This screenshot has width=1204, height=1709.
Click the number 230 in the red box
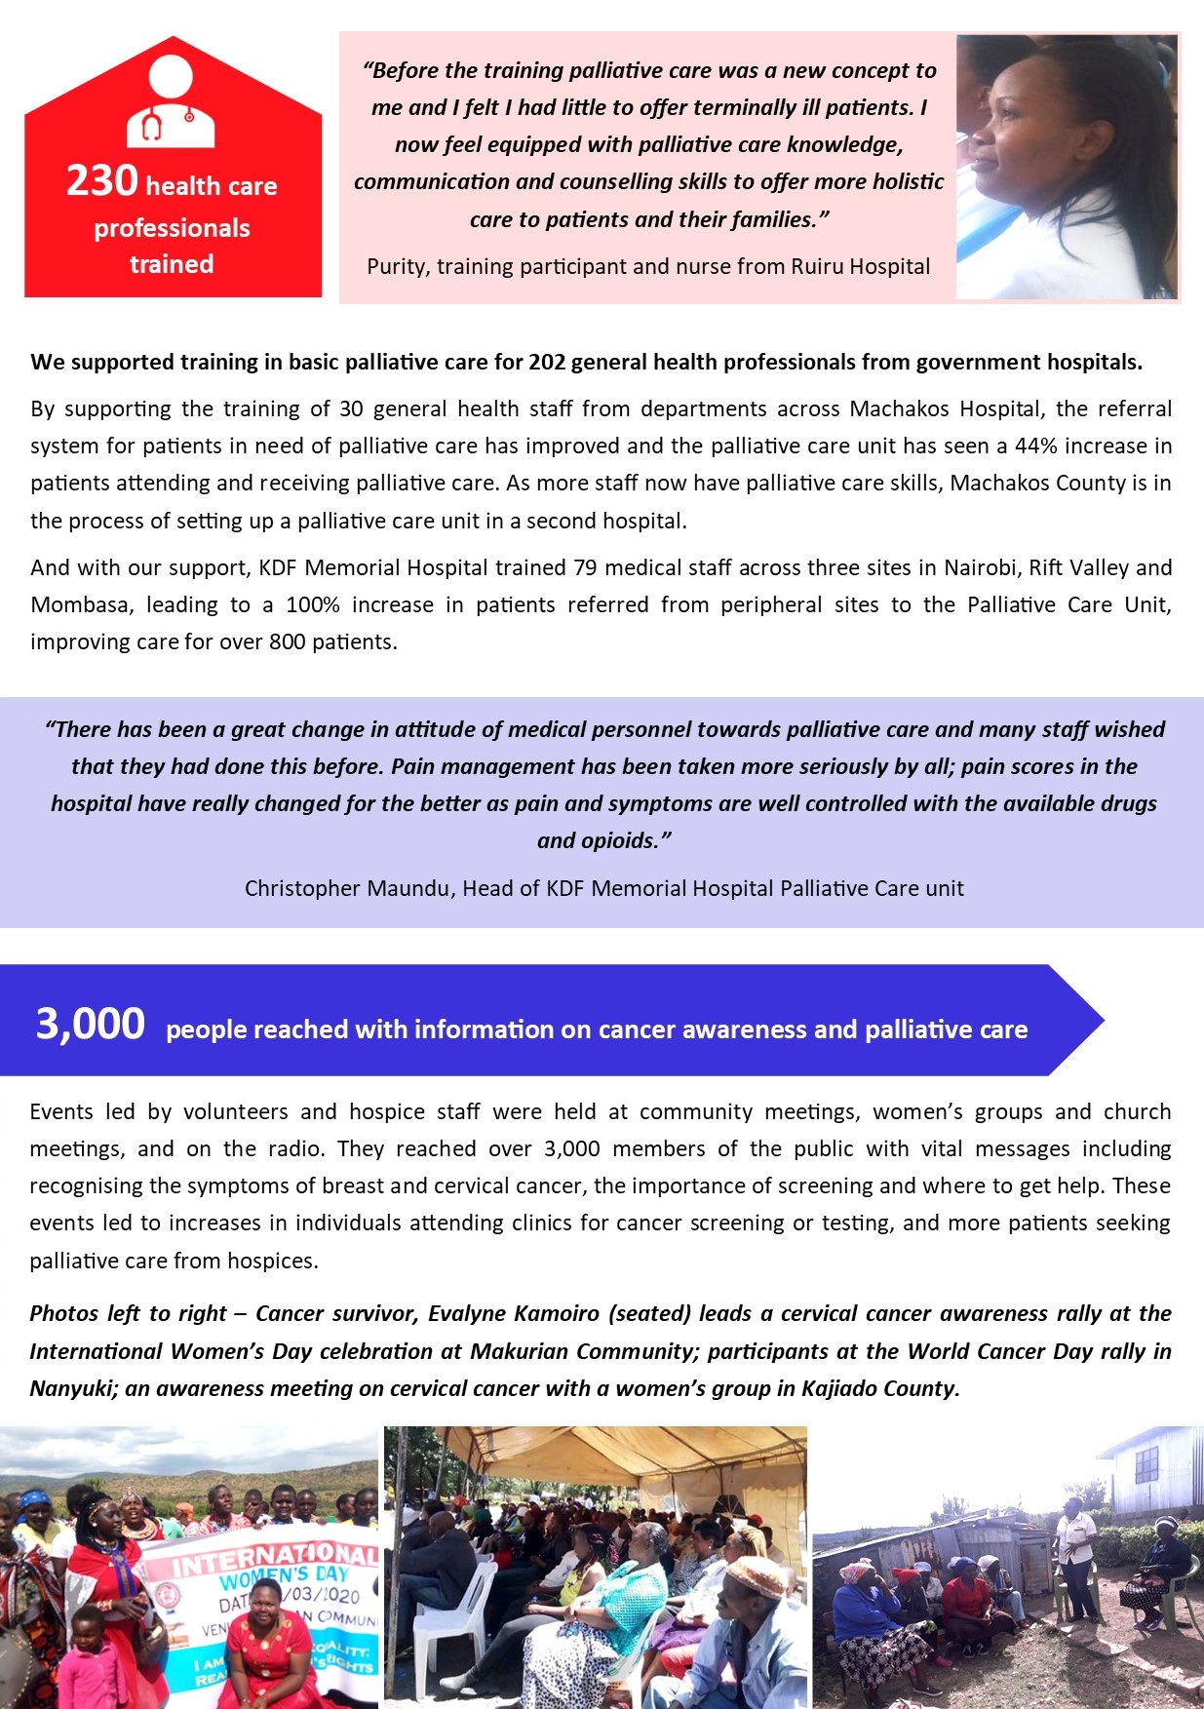tap(101, 181)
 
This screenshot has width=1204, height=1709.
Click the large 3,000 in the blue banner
tap(91, 1024)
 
